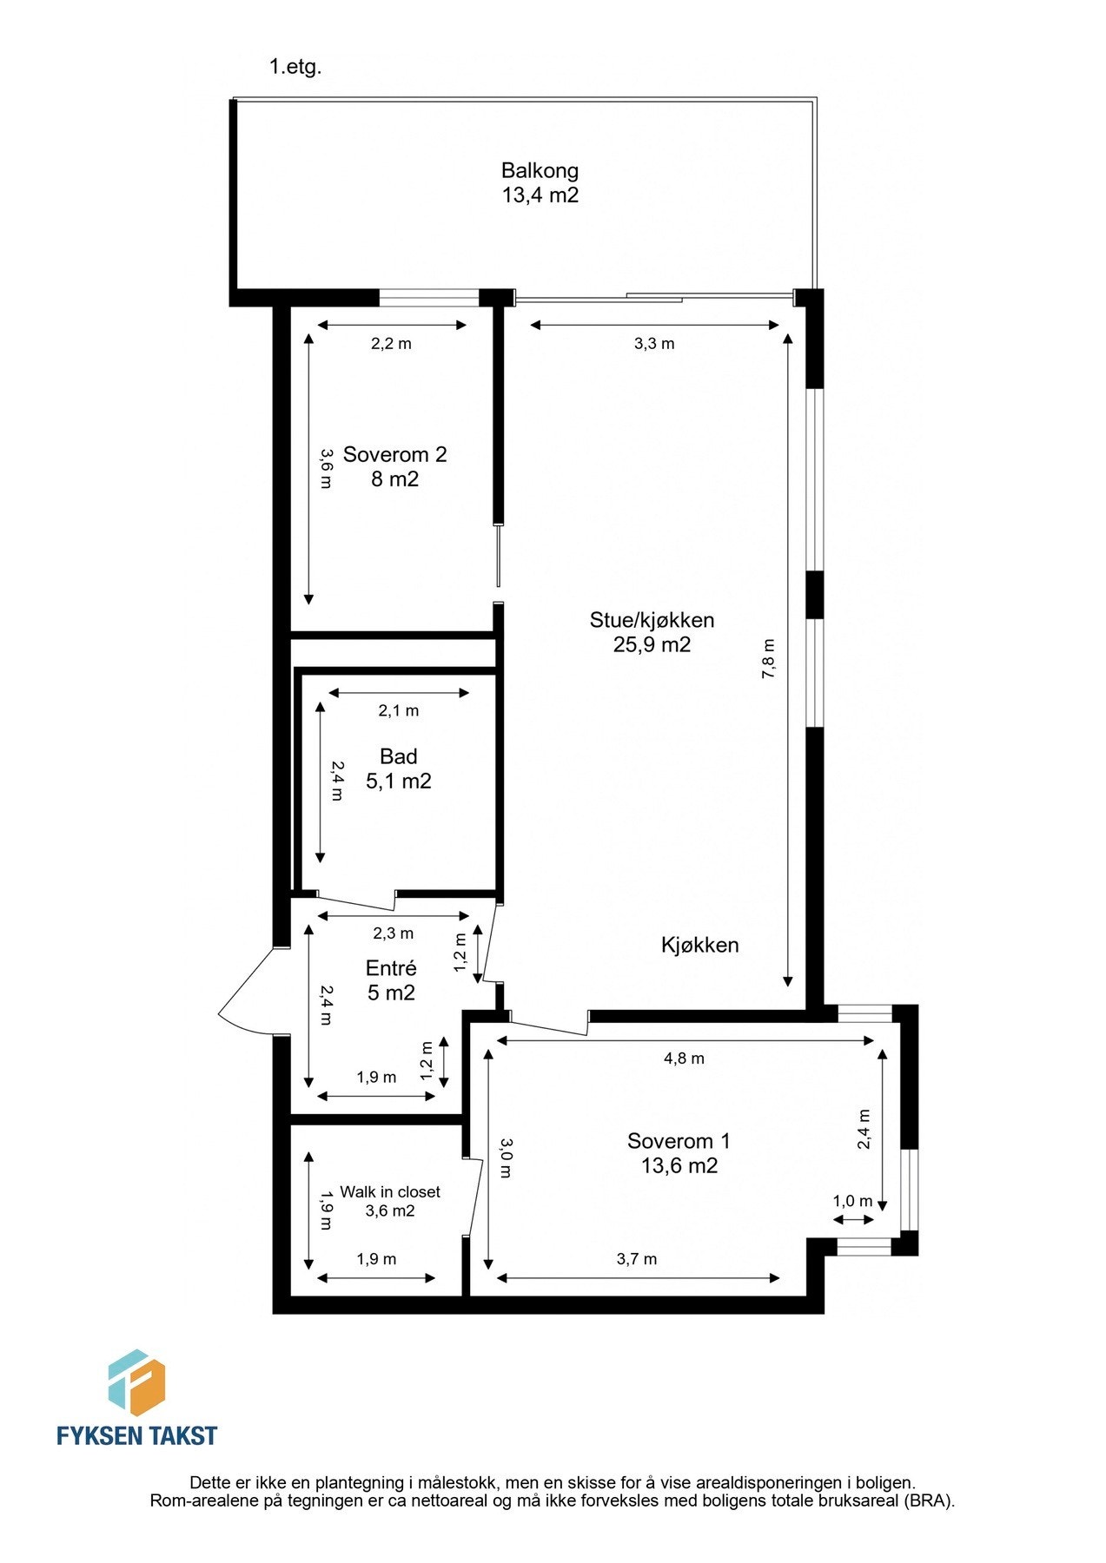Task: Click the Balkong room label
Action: pyautogui.click(x=540, y=170)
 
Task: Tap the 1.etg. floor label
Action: pyautogui.click(x=295, y=67)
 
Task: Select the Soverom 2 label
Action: pyautogui.click(x=395, y=454)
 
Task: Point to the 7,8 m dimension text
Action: pyautogui.click(x=769, y=658)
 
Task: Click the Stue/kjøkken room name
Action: pyautogui.click(x=652, y=620)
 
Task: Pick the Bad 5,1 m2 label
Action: pyautogui.click(x=399, y=768)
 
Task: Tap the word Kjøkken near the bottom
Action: pyautogui.click(x=700, y=945)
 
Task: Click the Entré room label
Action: pyautogui.click(x=391, y=968)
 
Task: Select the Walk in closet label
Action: pyautogui.click(x=390, y=1192)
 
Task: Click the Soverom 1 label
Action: pyautogui.click(x=679, y=1141)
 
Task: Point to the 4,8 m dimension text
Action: pyautogui.click(x=685, y=1058)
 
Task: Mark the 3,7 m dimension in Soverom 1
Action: pyautogui.click(x=637, y=1259)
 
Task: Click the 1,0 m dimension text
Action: pyautogui.click(x=852, y=1201)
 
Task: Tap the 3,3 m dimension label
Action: pyautogui.click(x=654, y=343)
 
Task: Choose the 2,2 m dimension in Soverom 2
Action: pyautogui.click(x=392, y=343)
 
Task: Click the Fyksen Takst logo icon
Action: pyautogui.click(x=136, y=1382)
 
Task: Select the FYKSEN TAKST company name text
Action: pyautogui.click(x=137, y=1435)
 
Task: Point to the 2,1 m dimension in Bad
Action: pyautogui.click(x=399, y=710)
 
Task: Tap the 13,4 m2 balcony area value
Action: pyautogui.click(x=540, y=195)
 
